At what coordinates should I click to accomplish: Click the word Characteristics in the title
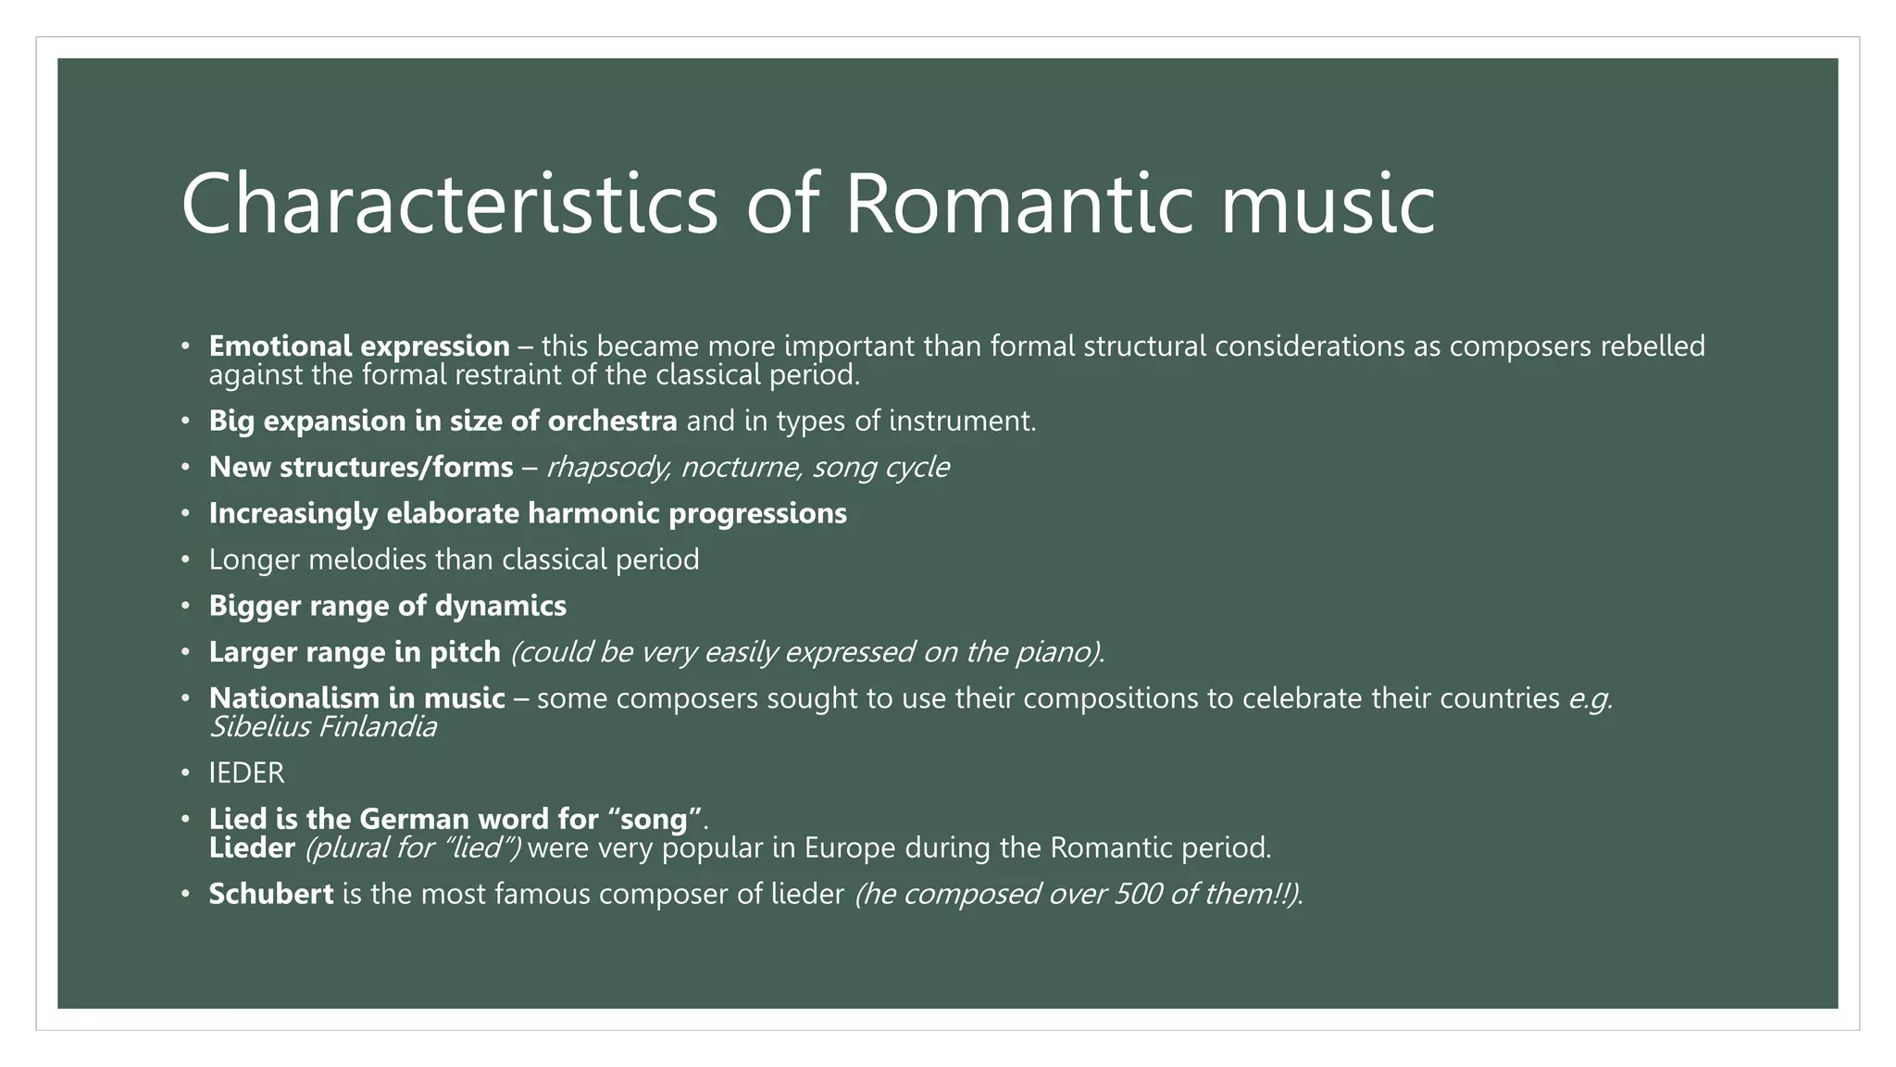(449, 204)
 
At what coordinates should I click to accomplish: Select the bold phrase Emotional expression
(359, 346)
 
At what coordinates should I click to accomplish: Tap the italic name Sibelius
(260, 727)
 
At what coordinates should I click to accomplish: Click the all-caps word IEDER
(246, 773)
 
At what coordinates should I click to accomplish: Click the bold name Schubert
(270, 895)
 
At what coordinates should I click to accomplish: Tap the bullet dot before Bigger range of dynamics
(185, 606)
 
